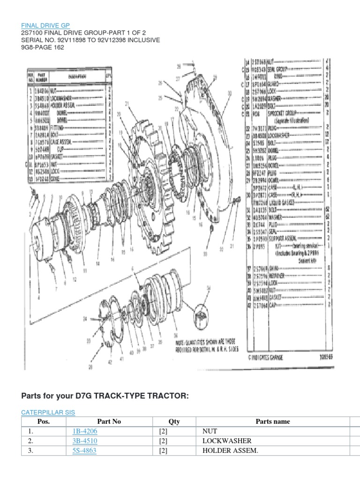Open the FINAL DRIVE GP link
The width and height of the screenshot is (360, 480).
click(x=46, y=25)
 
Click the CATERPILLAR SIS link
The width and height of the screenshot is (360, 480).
click(x=48, y=412)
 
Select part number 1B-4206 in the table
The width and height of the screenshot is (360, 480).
click(x=85, y=431)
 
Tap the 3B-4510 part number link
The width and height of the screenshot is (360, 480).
click(x=85, y=441)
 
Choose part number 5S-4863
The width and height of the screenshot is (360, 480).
click(x=85, y=451)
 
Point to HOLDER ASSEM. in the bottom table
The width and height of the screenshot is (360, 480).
click(x=225, y=451)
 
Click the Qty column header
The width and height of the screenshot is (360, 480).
click(x=174, y=421)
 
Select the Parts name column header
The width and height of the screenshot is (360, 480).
click(x=272, y=421)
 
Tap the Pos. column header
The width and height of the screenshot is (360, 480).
click(x=43, y=421)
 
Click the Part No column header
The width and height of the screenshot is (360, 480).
click(x=109, y=421)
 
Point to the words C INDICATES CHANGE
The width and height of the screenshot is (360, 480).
click(x=266, y=357)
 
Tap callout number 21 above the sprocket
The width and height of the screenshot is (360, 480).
click(x=127, y=104)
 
